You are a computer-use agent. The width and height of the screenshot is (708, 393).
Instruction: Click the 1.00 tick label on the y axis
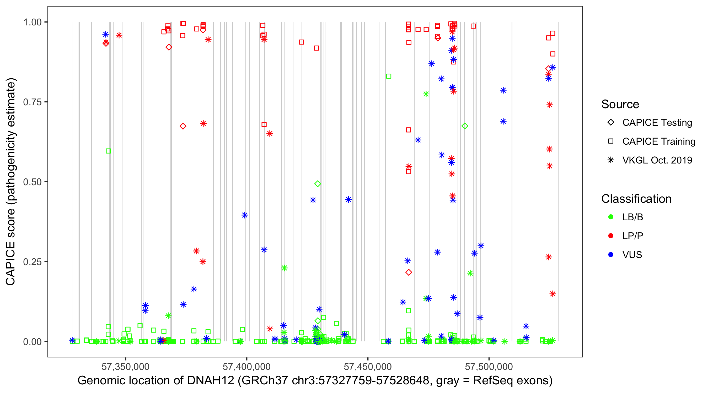pos(32,22)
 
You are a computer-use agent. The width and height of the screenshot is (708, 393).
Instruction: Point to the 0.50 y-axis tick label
pos(32,182)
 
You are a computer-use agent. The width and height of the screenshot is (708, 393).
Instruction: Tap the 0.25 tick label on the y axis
pos(32,262)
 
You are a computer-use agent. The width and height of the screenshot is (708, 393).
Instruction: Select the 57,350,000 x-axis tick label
pos(125,367)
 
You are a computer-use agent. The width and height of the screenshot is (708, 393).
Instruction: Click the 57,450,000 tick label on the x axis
pos(368,367)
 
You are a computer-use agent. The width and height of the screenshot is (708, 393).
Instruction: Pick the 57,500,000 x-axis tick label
pos(489,367)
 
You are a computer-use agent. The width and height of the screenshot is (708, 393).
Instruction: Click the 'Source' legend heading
pos(620,104)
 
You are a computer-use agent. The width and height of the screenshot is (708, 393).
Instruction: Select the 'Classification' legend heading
pos(636,199)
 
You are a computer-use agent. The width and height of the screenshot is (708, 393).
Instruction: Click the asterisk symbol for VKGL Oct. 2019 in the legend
pos(611,160)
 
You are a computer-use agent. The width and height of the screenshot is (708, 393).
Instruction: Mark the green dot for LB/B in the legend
pos(611,217)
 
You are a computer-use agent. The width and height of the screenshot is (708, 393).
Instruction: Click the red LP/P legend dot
pos(611,236)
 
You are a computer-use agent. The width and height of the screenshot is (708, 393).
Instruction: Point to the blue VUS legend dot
pos(611,255)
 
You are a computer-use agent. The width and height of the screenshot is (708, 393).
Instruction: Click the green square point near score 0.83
pos(389,76)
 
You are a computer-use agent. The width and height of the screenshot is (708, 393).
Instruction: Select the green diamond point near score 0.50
pos(318,184)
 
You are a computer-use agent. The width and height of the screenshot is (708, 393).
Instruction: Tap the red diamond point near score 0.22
pos(409,272)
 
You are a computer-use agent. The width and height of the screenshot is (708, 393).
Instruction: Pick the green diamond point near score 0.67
pos(465,126)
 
